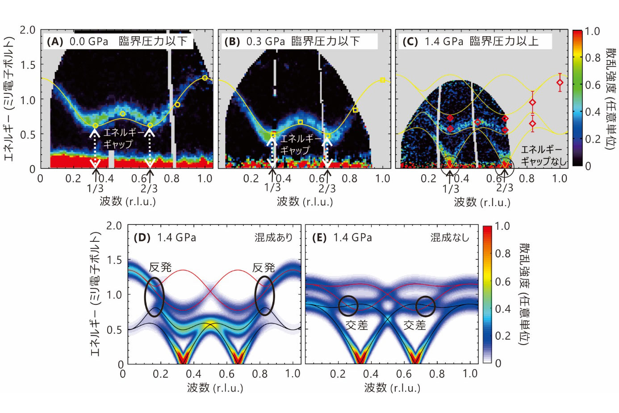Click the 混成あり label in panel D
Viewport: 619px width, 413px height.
tap(273, 237)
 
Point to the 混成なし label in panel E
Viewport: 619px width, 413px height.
tap(450, 237)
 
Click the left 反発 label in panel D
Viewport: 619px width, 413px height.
tap(160, 267)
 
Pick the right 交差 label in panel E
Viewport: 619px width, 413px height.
tap(414, 325)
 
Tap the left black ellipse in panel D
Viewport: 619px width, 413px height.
tap(155, 297)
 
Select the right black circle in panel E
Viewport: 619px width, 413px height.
tap(425, 306)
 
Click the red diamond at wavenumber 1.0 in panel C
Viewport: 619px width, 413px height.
tap(560, 82)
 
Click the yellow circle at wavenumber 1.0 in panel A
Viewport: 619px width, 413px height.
tap(205, 78)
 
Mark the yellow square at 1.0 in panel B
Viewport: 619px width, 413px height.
tap(383, 80)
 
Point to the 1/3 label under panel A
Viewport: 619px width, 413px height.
tap(95, 188)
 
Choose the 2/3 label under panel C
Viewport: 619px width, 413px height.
tap(505, 188)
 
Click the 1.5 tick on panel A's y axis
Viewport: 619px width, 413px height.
tap(27, 65)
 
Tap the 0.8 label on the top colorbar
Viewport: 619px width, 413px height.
tap(593, 58)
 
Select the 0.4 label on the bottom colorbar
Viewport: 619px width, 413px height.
tap(502, 308)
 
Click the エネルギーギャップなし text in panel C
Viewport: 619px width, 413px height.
tap(543, 155)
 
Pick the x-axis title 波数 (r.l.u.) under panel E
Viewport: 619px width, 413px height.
tap(392, 388)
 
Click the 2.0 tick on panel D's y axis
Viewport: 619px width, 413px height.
tap(114, 226)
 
